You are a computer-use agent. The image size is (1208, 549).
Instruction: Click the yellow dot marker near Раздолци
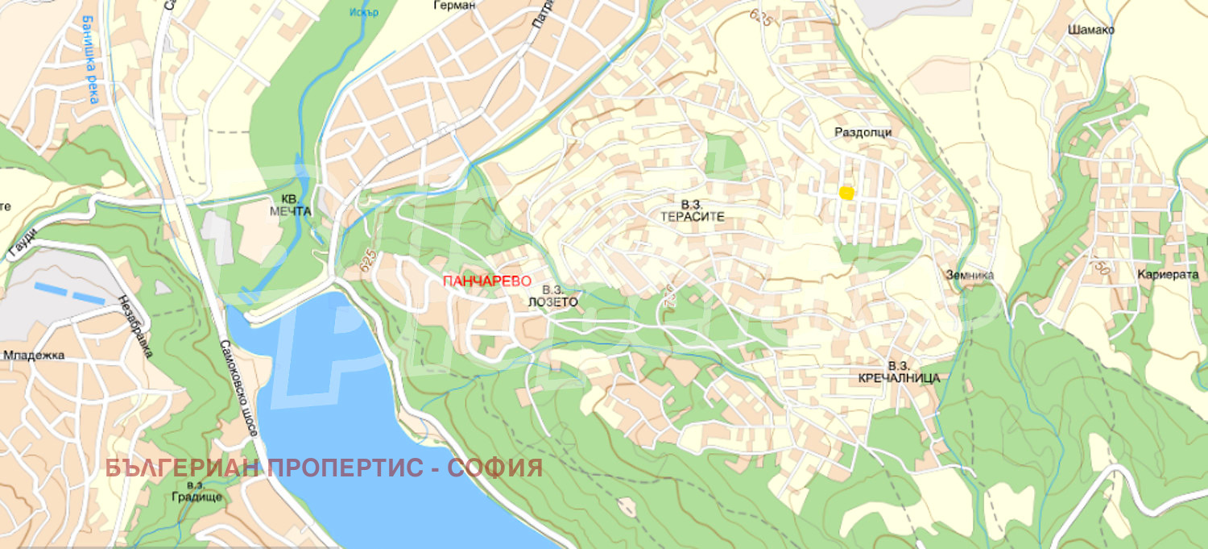[846, 193]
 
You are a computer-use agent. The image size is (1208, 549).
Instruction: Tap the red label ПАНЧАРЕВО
[487, 281]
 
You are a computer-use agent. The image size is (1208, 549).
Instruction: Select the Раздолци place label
[863, 132]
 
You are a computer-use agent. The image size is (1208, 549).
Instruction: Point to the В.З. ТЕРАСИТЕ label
[693, 211]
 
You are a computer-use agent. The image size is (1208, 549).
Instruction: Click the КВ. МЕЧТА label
[291, 205]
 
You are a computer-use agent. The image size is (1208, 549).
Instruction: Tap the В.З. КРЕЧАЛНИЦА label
[899, 372]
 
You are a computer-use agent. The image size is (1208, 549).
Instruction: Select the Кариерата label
[1168, 275]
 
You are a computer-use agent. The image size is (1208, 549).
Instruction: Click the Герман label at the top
[455, 5]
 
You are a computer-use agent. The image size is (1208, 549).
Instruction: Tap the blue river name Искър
[364, 12]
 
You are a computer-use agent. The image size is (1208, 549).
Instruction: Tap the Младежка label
[34, 355]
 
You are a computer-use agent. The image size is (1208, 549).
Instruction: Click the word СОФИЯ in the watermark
[495, 468]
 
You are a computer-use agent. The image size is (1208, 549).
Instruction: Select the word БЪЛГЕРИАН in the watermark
[183, 468]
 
